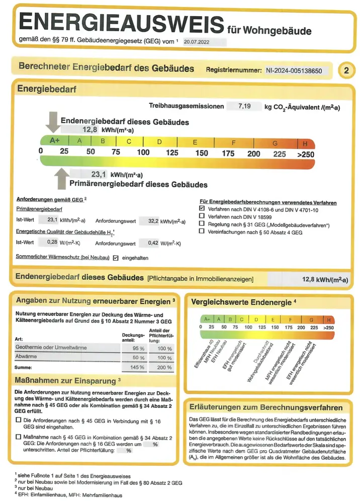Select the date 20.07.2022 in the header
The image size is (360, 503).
[x=197, y=43]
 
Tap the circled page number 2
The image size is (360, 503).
[x=346, y=70]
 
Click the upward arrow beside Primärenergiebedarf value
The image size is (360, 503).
[x=61, y=177]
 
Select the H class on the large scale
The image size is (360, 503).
[x=305, y=142]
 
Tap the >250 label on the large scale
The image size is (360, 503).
[x=306, y=153]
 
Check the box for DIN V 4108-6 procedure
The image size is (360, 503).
[x=202, y=208]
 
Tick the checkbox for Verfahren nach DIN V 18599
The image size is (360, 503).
[x=202, y=216]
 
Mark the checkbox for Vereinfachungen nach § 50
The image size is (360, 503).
[x=202, y=232]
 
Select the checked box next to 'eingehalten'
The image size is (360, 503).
[x=116, y=258]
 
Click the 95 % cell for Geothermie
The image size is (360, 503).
[x=133, y=349]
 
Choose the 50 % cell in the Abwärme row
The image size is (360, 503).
[x=133, y=358]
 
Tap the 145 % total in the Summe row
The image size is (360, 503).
[x=133, y=367]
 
